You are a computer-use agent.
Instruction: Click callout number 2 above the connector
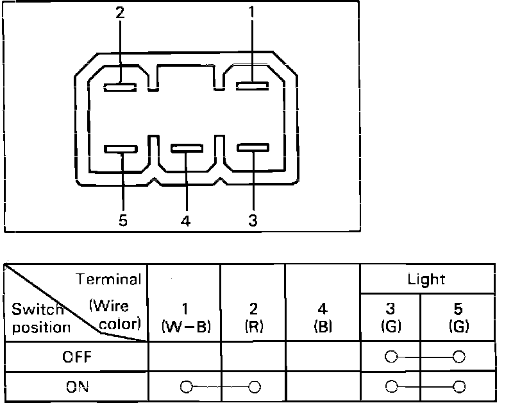pyautogui.click(x=120, y=13)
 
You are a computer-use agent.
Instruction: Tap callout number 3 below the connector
pyautogui.click(x=253, y=221)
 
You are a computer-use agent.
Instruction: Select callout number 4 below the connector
pyautogui.click(x=185, y=221)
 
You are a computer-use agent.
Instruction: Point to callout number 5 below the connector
pyautogui.click(x=122, y=221)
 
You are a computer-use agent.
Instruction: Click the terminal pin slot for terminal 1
pyautogui.click(x=252, y=86)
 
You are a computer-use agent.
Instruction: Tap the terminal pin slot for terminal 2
pyautogui.click(x=120, y=86)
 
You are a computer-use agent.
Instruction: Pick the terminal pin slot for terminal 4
pyautogui.click(x=186, y=150)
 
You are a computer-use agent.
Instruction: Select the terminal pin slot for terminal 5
pyautogui.click(x=121, y=150)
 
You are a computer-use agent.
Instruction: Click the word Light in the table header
pyautogui.click(x=426, y=279)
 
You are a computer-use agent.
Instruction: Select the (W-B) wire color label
pyautogui.click(x=185, y=326)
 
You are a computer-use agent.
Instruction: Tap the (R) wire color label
pyautogui.click(x=255, y=326)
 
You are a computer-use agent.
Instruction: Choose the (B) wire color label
pyautogui.click(x=323, y=326)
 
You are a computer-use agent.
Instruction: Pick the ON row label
pyautogui.click(x=77, y=387)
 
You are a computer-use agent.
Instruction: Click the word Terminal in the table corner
pyautogui.click(x=108, y=279)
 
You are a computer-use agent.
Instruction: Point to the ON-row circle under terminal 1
pyautogui.click(x=186, y=387)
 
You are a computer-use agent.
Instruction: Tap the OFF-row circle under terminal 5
pyautogui.click(x=458, y=357)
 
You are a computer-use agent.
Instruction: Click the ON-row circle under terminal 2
pyautogui.click(x=255, y=387)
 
